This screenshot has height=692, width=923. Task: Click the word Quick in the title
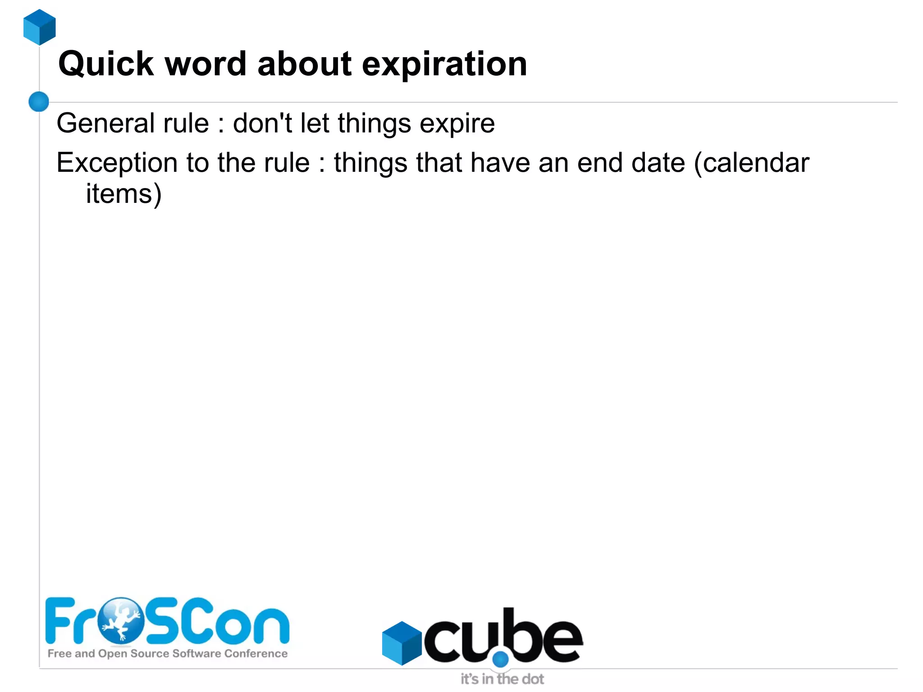point(106,64)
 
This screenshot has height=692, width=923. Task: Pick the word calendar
point(756,163)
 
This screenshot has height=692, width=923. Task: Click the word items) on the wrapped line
point(123,194)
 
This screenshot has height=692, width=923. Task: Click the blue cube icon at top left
point(40,27)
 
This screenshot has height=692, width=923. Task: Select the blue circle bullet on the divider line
point(39,101)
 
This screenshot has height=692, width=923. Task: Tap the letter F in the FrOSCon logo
point(59,620)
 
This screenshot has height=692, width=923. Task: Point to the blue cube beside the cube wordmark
point(401,643)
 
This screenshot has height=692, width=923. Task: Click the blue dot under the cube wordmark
point(500,660)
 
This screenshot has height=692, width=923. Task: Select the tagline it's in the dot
point(502,679)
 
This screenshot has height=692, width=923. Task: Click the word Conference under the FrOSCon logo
point(256,654)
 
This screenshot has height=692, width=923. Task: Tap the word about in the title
point(304,64)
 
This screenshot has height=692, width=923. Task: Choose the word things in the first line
point(374,124)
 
